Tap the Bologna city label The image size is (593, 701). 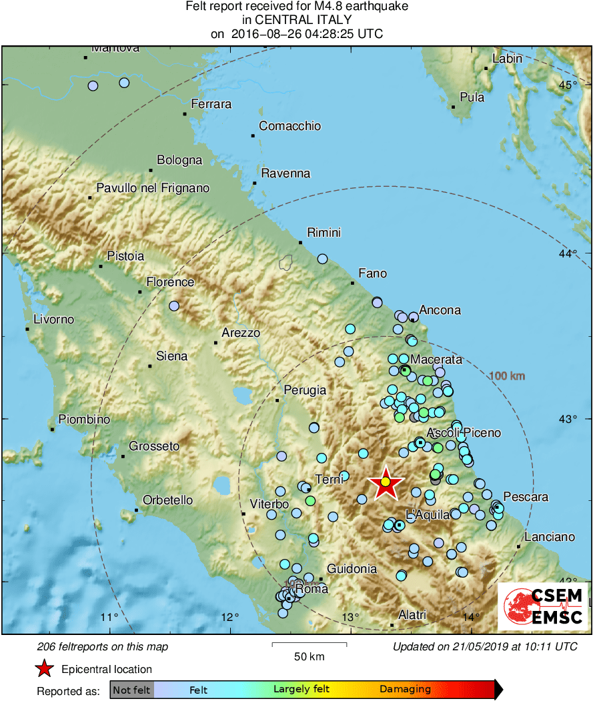click(x=179, y=160)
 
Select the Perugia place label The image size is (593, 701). click(x=305, y=390)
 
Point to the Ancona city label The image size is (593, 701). click(x=440, y=310)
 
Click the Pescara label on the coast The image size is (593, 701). click(x=526, y=497)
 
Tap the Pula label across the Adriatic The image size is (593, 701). click(x=472, y=97)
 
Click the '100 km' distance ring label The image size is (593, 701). click(x=507, y=376)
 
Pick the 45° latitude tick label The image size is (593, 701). click(x=568, y=85)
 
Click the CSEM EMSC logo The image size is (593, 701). click(x=544, y=606)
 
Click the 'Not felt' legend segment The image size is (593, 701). click(x=131, y=690)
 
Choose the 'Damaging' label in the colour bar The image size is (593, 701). click(x=405, y=690)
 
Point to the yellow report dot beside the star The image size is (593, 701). click(x=385, y=482)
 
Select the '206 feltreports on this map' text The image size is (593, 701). click(x=103, y=646)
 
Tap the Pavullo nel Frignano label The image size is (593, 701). click(x=153, y=188)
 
